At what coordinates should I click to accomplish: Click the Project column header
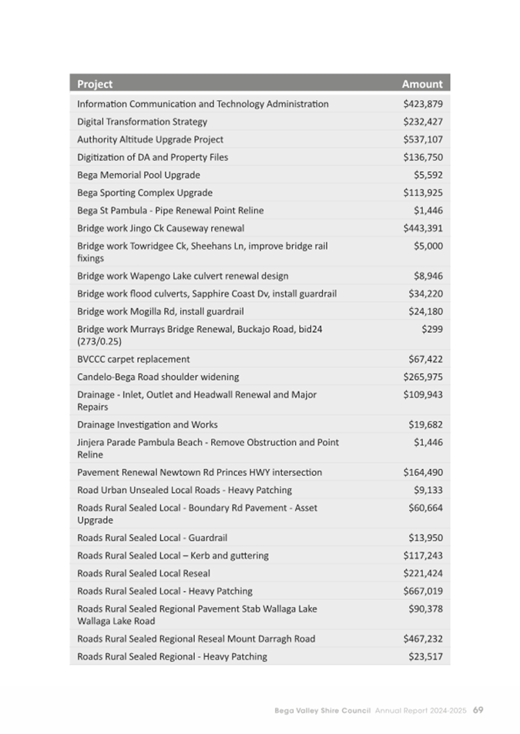tap(95, 84)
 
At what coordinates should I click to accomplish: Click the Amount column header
tap(422, 84)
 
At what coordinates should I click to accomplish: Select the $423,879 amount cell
tap(423, 104)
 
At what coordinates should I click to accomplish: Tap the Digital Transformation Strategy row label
tap(142, 122)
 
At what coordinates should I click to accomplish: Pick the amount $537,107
tap(423, 139)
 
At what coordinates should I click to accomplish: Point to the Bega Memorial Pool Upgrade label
tap(139, 175)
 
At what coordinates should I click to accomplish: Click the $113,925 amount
tap(423, 193)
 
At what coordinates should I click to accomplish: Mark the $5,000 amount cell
tap(428, 246)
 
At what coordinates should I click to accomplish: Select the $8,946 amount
tap(428, 276)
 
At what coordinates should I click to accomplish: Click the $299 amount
tap(432, 329)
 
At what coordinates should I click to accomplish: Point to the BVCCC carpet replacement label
tap(133, 359)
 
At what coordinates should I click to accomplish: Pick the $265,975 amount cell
tap(423, 377)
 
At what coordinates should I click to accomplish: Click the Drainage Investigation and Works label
tap(147, 424)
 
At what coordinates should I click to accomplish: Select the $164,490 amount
tap(423, 472)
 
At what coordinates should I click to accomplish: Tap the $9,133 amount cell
tap(428, 490)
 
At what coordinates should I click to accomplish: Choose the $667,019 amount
tap(423, 591)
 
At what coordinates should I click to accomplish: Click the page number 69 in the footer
tap(478, 709)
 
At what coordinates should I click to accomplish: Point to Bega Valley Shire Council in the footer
tap(323, 710)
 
